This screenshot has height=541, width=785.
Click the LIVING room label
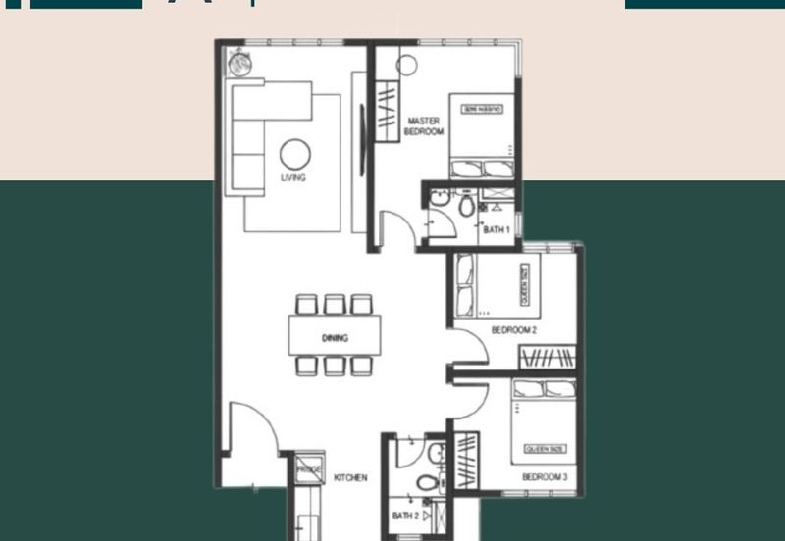coord(292,178)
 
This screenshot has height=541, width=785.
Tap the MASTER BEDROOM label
coord(425,125)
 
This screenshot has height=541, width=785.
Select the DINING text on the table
coord(335,338)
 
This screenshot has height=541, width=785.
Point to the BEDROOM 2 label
coord(513,331)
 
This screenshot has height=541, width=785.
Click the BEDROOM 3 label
coord(545,477)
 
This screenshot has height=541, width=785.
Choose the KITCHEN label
coord(350,478)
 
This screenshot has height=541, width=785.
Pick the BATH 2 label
coord(405,516)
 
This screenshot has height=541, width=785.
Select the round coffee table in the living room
coord(294,154)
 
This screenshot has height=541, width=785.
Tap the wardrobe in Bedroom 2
coord(547,358)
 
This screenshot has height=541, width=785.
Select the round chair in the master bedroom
coord(408,65)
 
